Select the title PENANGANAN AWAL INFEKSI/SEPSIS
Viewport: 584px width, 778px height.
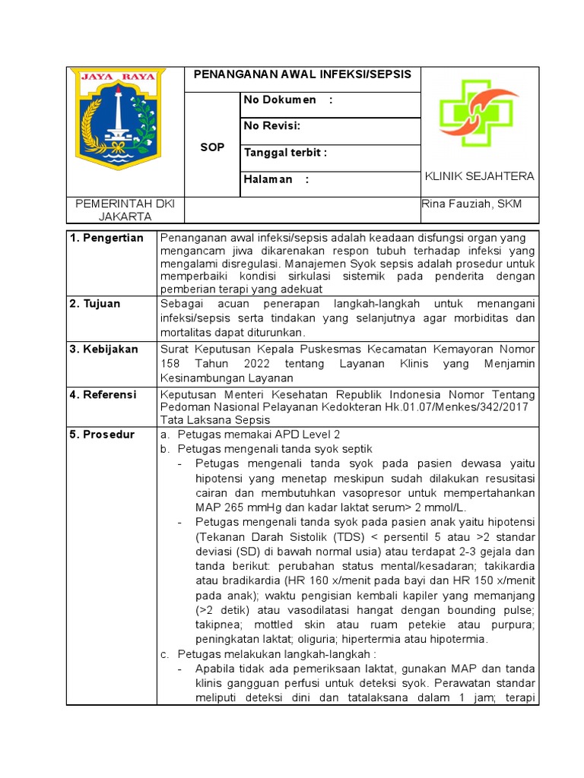point(303,74)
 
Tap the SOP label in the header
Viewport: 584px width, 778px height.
point(212,147)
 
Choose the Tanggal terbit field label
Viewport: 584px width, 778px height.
point(285,153)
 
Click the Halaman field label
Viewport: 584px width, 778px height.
point(277,179)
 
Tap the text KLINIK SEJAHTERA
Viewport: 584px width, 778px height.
point(479,176)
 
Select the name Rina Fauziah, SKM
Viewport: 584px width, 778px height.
point(471,204)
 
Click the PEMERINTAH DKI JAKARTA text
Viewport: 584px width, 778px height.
point(124,210)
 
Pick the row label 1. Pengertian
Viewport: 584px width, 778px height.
point(106,239)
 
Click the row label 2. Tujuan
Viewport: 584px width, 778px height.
point(95,304)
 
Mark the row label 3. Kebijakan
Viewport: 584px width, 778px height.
point(104,349)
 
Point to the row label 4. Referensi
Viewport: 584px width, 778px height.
point(103,395)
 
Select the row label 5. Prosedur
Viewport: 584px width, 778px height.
point(102,435)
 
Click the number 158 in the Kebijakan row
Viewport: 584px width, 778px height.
point(171,363)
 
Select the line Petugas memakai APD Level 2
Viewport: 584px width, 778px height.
point(259,435)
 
